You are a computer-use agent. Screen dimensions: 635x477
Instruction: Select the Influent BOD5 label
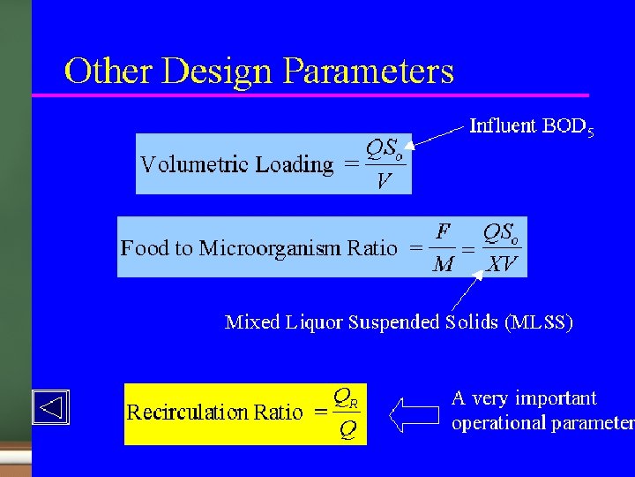tap(531, 127)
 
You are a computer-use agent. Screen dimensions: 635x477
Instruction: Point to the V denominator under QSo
tap(383, 182)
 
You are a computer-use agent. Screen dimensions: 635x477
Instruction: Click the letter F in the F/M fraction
tap(444, 232)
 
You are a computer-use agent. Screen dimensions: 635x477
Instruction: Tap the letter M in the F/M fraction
tap(444, 264)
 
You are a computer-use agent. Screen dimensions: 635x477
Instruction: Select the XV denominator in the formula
tap(502, 264)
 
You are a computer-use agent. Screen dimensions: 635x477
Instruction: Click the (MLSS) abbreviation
tap(538, 322)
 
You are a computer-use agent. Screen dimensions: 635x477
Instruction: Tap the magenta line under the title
tap(309, 95)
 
